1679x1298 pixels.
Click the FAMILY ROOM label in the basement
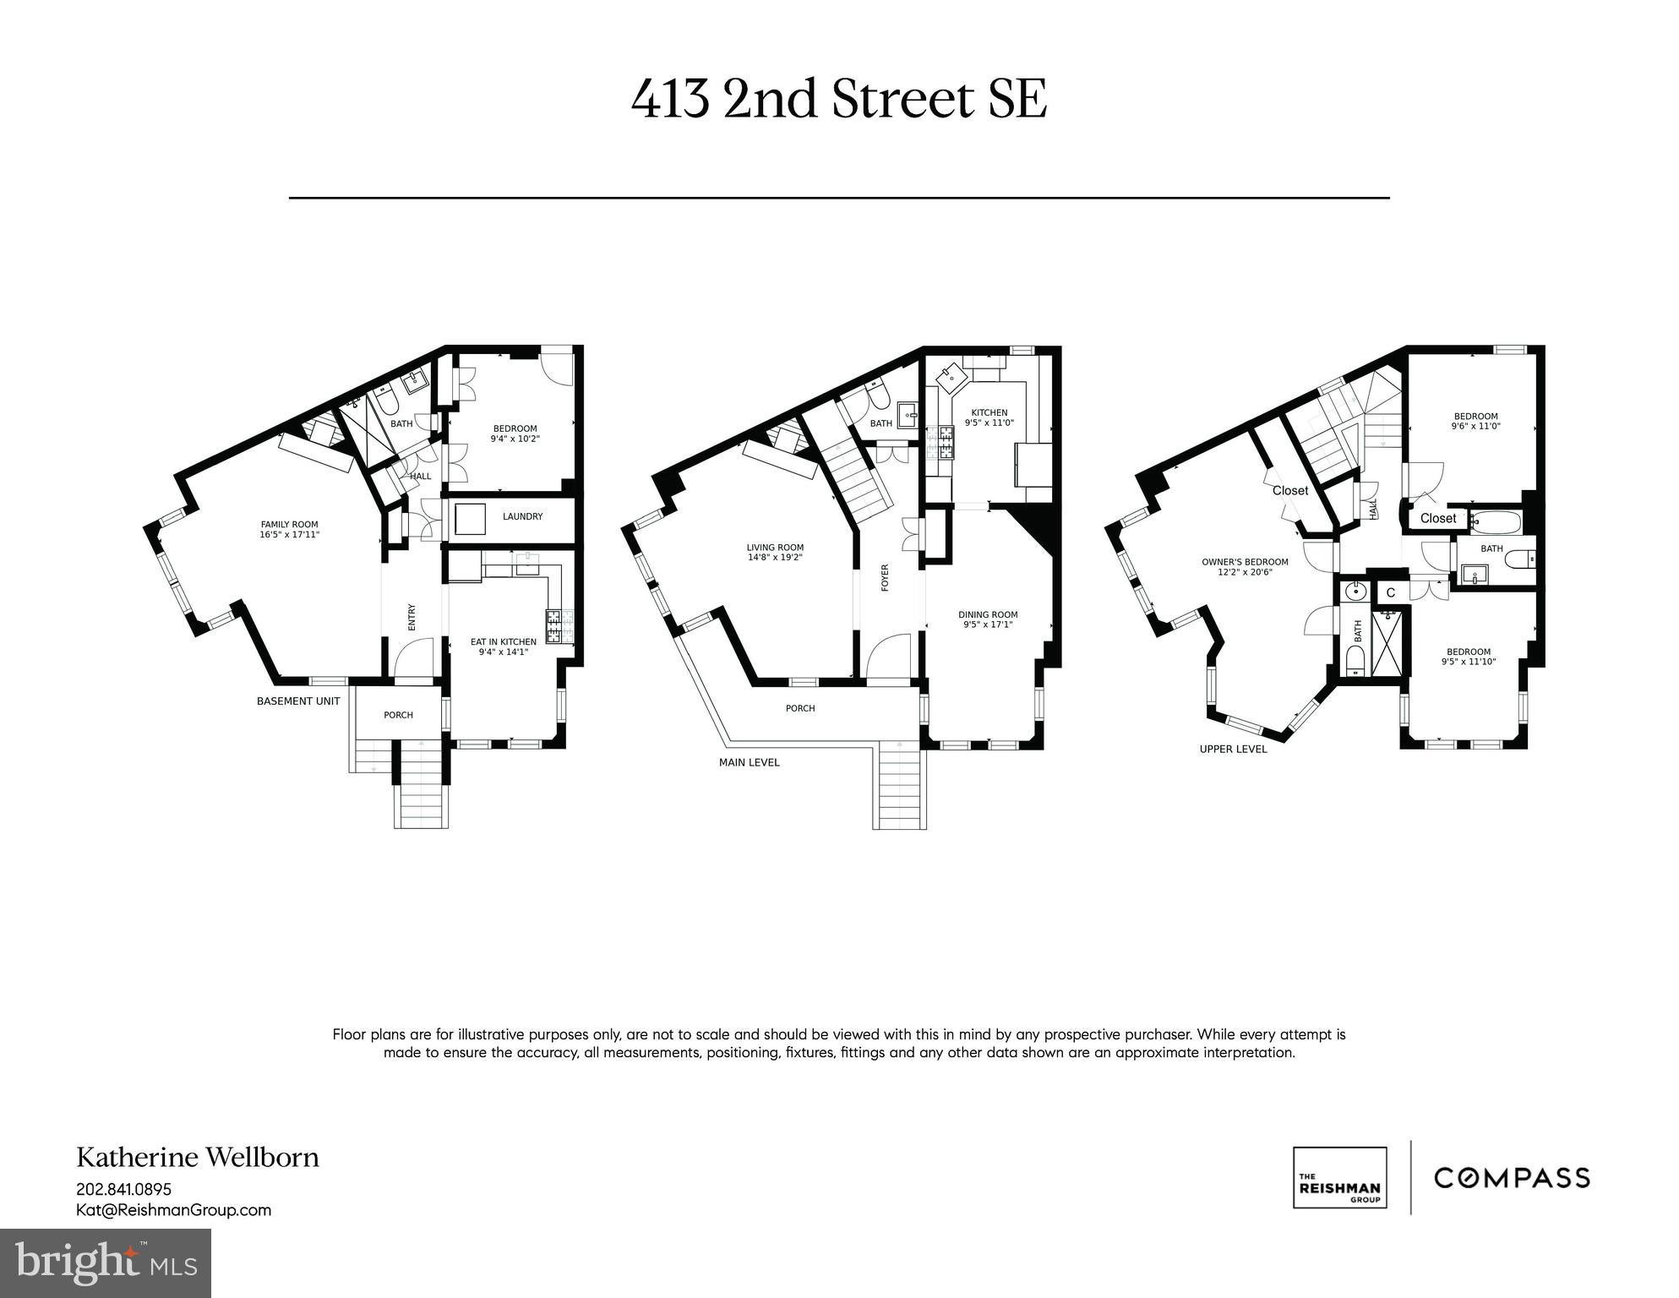coord(289,525)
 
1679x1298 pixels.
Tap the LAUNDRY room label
coord(522,516)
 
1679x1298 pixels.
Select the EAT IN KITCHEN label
coord(503,642)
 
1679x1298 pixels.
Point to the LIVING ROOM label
coord(774,548)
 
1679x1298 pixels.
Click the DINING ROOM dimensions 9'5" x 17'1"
coord(987,625)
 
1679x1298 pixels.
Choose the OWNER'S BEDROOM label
coord(1245,562)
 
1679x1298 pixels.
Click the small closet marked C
coord(1390,593)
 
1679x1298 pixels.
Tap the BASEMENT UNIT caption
coord(298,701)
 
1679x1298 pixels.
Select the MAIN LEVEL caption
coord(749,762)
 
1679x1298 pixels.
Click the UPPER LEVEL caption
coord(1233,749)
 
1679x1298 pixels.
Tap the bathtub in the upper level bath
coord(1496,521)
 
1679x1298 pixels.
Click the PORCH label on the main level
coord(799,708)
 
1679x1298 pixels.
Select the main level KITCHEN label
coord(989,412)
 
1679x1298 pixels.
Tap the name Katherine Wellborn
coord(198,1157)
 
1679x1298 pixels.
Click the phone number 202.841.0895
coord(123,1189)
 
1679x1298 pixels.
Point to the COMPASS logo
coord(1512,1177)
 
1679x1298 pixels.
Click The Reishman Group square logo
coord(1339,1177)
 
